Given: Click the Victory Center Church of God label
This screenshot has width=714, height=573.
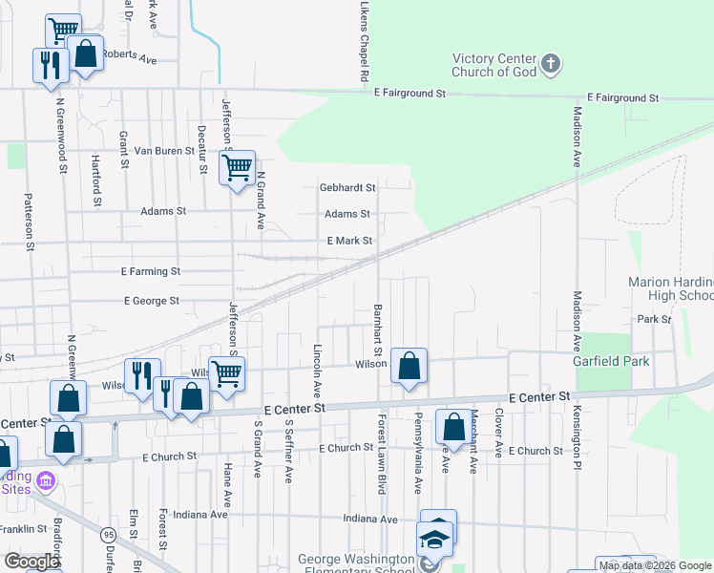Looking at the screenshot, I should (493, 65).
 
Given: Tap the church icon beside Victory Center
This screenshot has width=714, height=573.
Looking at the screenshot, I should (550, 65).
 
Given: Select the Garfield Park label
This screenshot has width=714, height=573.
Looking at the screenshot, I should (611, 361).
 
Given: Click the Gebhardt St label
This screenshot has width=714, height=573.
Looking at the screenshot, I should (346, 188).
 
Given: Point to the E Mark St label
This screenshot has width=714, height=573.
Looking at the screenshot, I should (348, 241).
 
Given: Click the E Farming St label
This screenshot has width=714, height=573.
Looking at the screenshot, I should (151, 271).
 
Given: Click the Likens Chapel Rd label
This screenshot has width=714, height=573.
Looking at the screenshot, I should (364, 40).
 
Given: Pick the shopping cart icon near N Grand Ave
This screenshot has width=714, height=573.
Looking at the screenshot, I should (237, 168).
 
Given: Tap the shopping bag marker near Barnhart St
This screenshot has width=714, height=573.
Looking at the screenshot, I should (409, 365).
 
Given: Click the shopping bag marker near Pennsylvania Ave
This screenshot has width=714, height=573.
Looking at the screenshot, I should (451, 426).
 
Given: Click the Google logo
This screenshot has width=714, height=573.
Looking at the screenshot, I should (31, 562).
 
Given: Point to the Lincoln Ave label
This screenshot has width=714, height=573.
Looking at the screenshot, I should (316, 372).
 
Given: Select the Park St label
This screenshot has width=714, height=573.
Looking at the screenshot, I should (655, 319).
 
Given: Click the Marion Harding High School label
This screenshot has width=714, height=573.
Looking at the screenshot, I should (670, 288).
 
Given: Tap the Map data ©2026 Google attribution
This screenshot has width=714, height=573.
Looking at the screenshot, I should (655, 565).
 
